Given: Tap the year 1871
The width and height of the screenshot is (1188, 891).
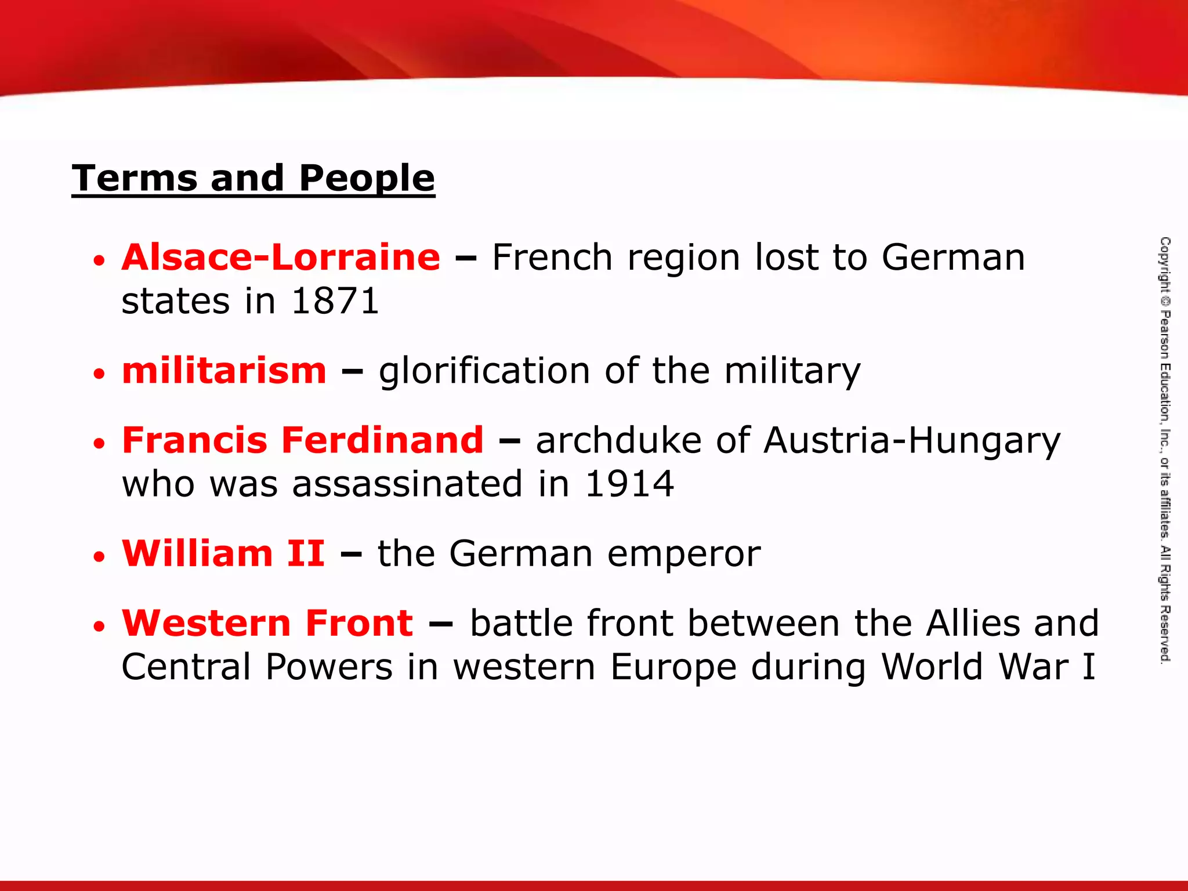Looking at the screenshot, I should click(x=335, y=302).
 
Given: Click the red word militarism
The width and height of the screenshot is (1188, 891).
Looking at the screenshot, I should click(x=224, y=371).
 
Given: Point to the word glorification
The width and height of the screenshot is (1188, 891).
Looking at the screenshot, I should click(x=484, y=371).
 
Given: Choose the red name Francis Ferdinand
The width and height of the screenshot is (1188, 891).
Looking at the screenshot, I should click(x=302, y=440).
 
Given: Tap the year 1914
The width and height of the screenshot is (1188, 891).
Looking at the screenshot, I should click(x=629, y=484).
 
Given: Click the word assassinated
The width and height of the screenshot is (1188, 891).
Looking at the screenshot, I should click(x=407, y=484).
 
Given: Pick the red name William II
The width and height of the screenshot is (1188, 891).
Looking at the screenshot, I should click(x=223, y=553).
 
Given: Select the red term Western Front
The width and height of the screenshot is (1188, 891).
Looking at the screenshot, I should click(x=267, y=623).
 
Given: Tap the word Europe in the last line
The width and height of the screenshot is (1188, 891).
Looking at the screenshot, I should click(x=673, y=668).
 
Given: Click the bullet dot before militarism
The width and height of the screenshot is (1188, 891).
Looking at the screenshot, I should click(x=99, y=374).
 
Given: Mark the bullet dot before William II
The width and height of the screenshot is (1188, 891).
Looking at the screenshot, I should click(x=99, y=556).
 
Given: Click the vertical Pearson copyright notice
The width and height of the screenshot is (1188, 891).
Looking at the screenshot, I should click(x=1165, y=450).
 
